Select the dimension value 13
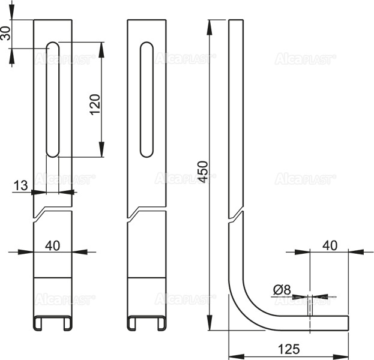(x=20, y=185)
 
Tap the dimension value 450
(x=202, y=172)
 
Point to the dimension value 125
(x=289, y=349)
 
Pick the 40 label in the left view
(x=52, y=245)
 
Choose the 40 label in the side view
(x=330, y=245)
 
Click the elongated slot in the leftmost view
(x=53, y=100)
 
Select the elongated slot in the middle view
(x=146, y=100)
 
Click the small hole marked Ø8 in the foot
(x=310, y=308)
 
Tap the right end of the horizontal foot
(x=348, y=323)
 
